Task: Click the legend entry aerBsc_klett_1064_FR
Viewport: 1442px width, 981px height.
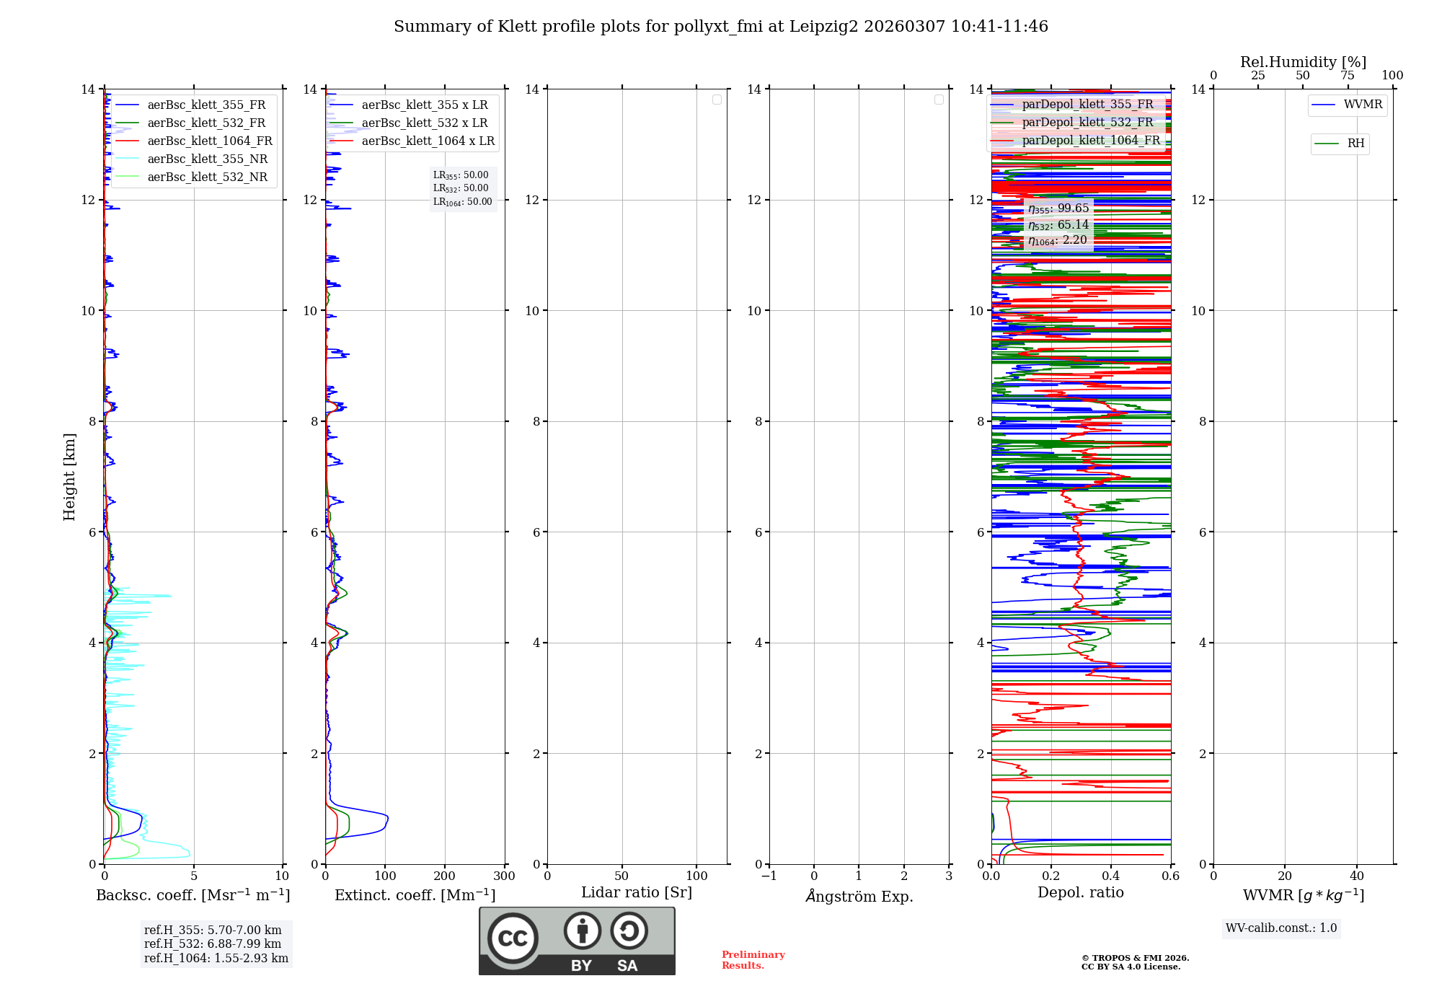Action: tap(209, 141)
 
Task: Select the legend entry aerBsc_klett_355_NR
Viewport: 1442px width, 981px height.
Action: tap(207, 159)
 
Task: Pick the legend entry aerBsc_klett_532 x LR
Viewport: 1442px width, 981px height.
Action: tap(424, 123)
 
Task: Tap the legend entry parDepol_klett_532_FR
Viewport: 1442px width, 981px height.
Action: tap(1087, 123)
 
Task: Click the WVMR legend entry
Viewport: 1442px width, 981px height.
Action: tap(1363, 105)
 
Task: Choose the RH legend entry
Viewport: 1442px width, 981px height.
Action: tap(1355, 144)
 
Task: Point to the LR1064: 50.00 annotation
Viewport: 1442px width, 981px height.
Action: tap(462, 202)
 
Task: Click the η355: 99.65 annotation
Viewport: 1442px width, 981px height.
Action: tap(1058, 208)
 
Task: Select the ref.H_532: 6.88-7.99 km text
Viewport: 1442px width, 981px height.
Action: tap(213, 944)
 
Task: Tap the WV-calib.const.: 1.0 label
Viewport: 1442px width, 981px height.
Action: tap(1281, 928)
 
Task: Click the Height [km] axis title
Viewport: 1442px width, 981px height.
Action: tap(69, 477)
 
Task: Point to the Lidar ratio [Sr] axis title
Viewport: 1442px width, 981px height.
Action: tap(637, 893)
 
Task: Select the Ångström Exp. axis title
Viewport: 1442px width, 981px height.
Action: tap(859, 897)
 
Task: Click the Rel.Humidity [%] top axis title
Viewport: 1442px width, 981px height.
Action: tap(1303, 62)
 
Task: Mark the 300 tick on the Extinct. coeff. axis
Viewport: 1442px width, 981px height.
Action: tap(504, 876)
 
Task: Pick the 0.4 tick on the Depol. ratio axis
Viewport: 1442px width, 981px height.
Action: tap(1111, 876)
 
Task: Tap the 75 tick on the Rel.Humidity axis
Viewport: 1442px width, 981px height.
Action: tap(1348, 76)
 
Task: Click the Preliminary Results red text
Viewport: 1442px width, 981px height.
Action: tap(753, 960)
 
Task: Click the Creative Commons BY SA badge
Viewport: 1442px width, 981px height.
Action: tap(577, 941)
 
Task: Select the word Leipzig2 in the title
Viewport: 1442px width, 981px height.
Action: tap(823, 27)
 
